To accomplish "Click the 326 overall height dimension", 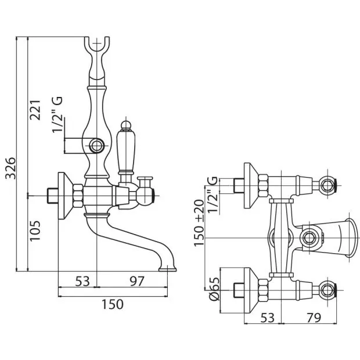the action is pyautogui.click(x=10, y=168).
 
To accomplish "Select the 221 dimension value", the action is pyautogui.click(x=35, y=110).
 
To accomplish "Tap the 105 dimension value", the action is pyautogui.click(x=35, y=231).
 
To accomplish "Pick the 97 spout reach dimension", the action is pyautogui.click(x=136, y=281).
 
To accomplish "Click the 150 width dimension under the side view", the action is pyautogui.click(x=113, y=304).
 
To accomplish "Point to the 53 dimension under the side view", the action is pyautogui.click(x=82, y=281).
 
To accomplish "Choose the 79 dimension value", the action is pyautogui.click(x=314, y=318).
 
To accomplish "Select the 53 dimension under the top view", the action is pyautogui.click(x=268, y=318).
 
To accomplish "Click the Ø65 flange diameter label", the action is pyautogui.click(x=214, y=289).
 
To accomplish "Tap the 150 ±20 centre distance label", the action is pyautogui.click(x=199, y=223).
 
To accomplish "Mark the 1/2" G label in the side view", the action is pyautogui.click(x=57, y=115).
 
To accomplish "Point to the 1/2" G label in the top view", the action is pyautogui.click(x=212, y=195).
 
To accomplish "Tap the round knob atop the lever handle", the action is pyautogui.click(x=125, y=125).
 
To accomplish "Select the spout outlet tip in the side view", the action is pyautogui.click(x=168, y=269).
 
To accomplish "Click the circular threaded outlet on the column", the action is pyautogui.click(x=96, y=145).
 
